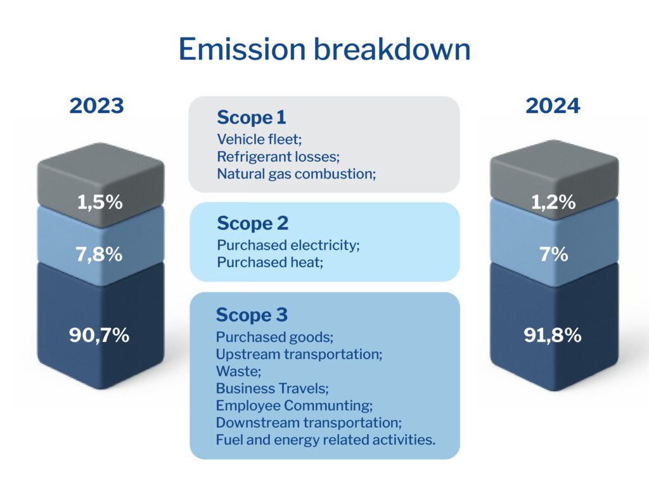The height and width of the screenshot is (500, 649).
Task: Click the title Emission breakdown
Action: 324,49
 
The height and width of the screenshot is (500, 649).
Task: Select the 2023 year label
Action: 97,105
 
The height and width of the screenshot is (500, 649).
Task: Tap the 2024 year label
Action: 553,105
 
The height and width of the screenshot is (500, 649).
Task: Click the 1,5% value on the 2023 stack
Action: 100,202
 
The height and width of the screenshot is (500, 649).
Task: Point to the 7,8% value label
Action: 99,254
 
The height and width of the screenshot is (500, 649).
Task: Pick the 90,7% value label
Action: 100,335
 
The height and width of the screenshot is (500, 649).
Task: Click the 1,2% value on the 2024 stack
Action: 553,202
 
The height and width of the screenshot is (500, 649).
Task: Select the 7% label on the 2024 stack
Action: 554,254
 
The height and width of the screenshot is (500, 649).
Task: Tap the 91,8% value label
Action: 553,335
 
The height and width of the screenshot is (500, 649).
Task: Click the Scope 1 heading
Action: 252,117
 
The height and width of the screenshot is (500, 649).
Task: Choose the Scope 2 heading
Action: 252,224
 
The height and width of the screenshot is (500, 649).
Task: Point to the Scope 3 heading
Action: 252,315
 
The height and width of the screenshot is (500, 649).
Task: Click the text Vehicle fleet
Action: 259,139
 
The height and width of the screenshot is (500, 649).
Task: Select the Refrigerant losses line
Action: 278,157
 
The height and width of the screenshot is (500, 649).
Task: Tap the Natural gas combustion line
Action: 297,174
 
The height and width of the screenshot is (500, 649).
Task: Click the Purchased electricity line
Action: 288,245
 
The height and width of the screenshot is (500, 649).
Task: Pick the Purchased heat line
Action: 270,262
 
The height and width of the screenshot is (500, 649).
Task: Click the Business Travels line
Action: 273,388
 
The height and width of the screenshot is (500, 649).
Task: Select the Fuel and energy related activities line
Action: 326,440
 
